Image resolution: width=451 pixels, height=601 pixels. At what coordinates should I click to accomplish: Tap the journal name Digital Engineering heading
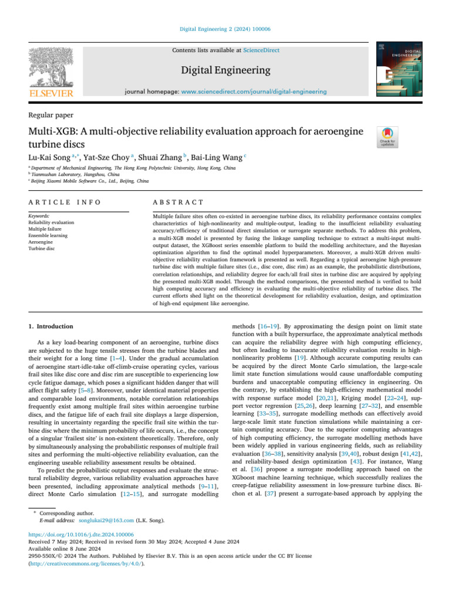pos(225,70)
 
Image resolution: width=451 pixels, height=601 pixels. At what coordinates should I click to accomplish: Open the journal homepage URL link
pos(254,92)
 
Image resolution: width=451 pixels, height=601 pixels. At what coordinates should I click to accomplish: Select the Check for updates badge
pos(389,137)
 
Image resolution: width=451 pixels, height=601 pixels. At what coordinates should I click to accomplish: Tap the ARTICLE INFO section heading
pos(65,202)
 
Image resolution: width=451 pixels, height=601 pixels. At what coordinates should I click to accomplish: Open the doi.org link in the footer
pos(81,535)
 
